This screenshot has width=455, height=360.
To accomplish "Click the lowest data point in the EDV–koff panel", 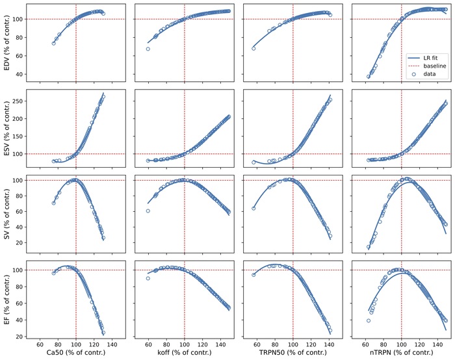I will point(148,49).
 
